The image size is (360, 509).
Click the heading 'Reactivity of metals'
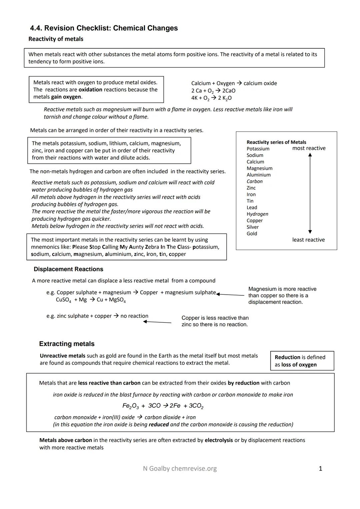pyautogui.click(x=56, y=39)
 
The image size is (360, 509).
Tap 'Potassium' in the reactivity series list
pyautogui.click(x=258, y=149)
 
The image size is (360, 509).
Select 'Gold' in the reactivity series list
pyautogui.click(x=252, y=234)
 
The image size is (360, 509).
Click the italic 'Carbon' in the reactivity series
pyautogui.click(x=254, y=181)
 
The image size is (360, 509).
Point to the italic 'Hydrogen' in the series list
pyautogui.click(x=257, y=214)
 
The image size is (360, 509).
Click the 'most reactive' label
pyautogui.click(x=309, y=148)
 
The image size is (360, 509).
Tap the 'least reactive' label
pyautogui.click(x=308, y=240)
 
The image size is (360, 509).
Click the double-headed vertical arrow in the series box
pyautogui.click(x=310, y=193)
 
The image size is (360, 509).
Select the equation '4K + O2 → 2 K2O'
pyautogui.click(x=211, y=98)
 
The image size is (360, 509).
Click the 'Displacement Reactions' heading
pyautogui.click(x=68, y=269)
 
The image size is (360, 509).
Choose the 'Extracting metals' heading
pyautogui.click(x=67, y=344)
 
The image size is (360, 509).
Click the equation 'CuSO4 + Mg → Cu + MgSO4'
pyautogui.click(x=91, y=300)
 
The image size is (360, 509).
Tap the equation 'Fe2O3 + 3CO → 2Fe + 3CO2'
pyautogui.click(x=163, y=406)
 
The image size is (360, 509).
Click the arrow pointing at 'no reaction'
pyautogui.click(x=157, y=322)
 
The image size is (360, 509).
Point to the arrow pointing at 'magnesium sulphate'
pyautogui.click(x=230, y=295)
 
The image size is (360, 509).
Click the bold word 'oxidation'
pyautogui.click(x=90, y=90)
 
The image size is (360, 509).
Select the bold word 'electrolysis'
pyautogui.click(x=219, y=440)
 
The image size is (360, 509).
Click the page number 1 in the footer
pyautogui.click(x=320, y=469)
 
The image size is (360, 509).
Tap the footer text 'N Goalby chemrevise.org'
pyautogui.click(x=180, y=469)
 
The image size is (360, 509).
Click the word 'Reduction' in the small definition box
pyautogui.click(x=287, y=357)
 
